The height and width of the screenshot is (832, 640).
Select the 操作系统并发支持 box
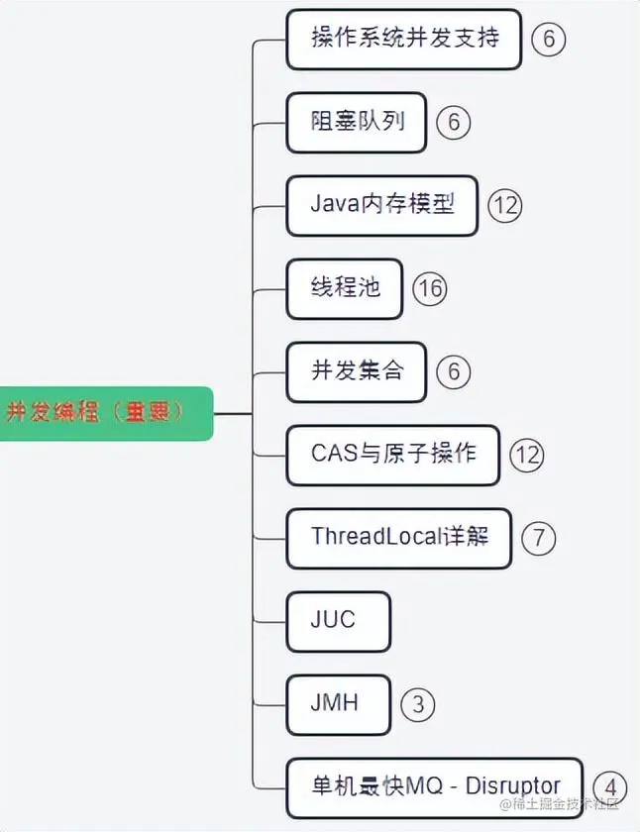pyautogui.click(x=403, y=40)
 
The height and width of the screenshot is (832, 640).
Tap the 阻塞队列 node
pyautogui.click(x=357, y=123)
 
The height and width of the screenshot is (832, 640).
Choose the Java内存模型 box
pyautogui.click(x=381, y=205)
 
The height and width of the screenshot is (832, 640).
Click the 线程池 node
pyautogui.click(x=344, y=288)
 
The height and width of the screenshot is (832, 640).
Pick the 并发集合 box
pyautogui.click(x=357, y=371)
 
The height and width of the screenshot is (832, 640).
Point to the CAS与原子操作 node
pyautogui.click(x=392, y=455)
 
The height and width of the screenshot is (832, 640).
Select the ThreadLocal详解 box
pyautogui.click(x=398, y=538)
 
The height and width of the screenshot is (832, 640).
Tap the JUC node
pyautogui.click(x=337, y=621)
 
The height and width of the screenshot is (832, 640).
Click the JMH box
pyautogui.click(x=337, y=704)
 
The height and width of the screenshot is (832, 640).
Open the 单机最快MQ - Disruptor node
pyautogui.click(x=435, y=787)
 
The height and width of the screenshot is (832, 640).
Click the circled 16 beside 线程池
pyautogui.click(x=430, y=288)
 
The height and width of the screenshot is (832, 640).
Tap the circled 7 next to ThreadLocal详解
pyautogui.click(x=539, y=538)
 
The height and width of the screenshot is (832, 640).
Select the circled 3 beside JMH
pyautogui.click(x=418, y=704)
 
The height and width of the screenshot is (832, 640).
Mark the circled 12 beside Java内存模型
pyautogui.click(x=504, y=205)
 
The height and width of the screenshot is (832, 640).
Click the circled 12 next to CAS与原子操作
pyautogui.click(x=527, y=455)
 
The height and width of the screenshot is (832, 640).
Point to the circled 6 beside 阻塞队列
pyautogui.click(x=454, y=123)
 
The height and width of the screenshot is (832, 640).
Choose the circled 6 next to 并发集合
pyautogui.click(x=454, y=371)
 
